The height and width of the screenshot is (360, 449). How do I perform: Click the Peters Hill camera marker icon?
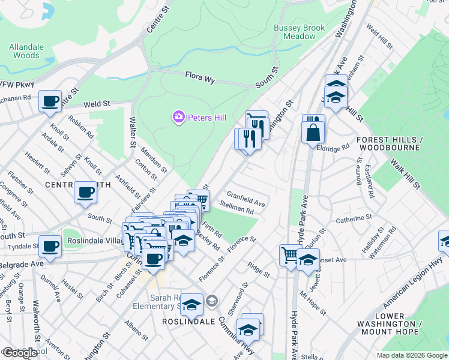coord(178,118)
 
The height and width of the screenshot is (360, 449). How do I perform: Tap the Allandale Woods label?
coord(26,51)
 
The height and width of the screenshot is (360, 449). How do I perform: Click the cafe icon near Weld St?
coord(50,101)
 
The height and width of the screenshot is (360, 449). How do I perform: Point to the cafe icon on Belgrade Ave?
coord(50,246)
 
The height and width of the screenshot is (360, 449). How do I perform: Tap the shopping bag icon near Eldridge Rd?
coord(313,132)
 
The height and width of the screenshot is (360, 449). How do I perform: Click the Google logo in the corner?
coord(19,353)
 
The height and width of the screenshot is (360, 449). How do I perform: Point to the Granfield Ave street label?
coord(246,199)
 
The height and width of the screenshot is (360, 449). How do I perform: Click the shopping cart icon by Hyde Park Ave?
coord(291,254)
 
